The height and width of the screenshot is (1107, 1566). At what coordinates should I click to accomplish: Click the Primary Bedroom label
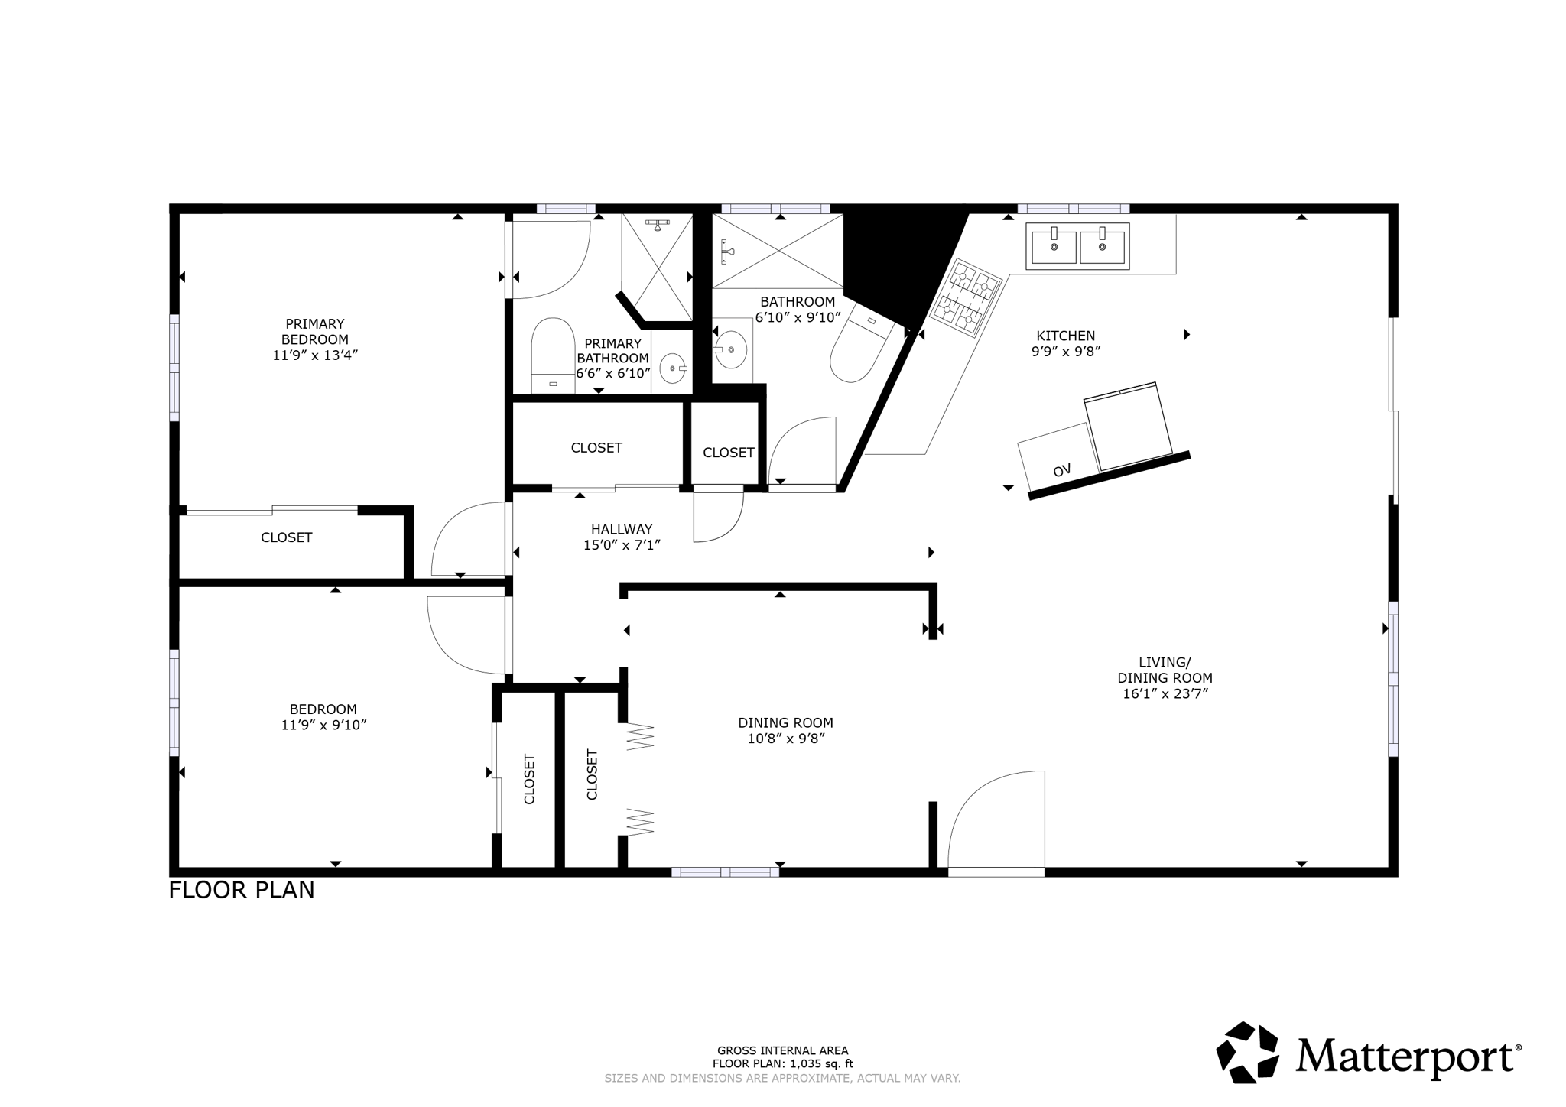[315, 339]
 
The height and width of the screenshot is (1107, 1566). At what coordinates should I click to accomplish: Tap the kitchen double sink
[1077, 246]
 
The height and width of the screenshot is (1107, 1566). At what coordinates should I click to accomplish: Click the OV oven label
[1061, 470]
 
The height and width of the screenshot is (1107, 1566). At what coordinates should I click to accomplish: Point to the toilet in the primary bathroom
[553, 353]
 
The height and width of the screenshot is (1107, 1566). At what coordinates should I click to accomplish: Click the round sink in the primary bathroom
[673, 368]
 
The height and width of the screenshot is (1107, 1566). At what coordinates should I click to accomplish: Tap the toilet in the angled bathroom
[860, 351]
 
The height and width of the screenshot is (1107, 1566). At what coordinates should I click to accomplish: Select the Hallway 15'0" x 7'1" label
[621, 537]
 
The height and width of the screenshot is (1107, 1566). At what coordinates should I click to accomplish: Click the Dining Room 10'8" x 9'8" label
[785, 730]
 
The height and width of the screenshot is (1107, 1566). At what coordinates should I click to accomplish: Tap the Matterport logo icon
[1248, 1052]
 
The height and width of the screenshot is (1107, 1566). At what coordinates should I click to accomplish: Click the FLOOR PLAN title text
[242, 890]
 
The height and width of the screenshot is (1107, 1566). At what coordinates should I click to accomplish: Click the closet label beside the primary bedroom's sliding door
[286, 537]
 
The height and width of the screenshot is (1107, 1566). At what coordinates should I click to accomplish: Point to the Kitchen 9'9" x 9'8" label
[1065, 343]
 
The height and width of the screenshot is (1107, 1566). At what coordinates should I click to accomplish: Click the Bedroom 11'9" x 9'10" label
[323, 717]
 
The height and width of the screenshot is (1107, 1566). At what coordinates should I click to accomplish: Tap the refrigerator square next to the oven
[1128, 427]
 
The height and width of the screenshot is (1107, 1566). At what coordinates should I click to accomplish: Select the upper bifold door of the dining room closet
[640, 735]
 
